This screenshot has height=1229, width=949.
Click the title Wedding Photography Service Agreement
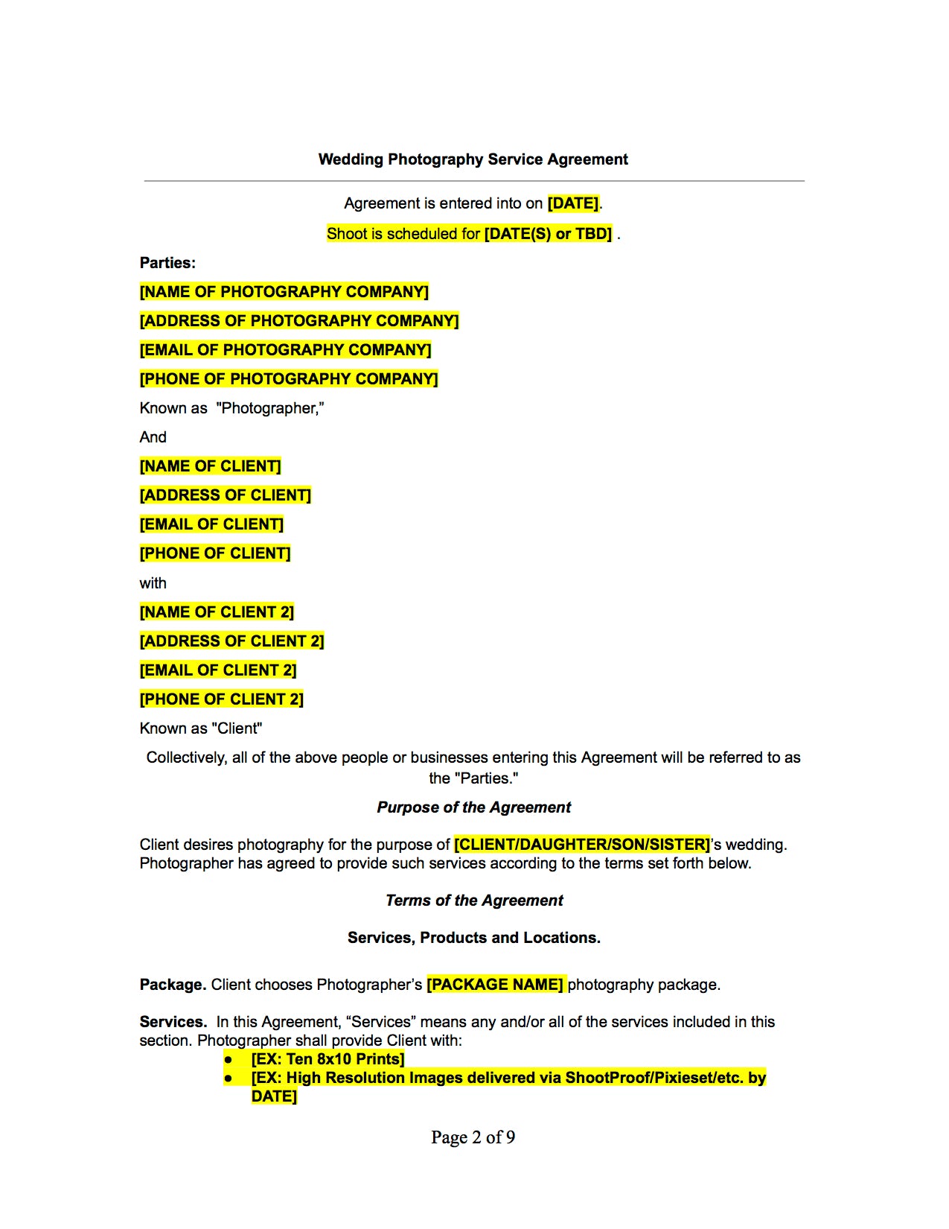pyautogui.click(x=473, y=159)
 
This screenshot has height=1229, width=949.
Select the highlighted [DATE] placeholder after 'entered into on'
pyautogui.click(x=573, y=203)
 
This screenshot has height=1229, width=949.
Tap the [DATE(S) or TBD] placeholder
pyautogui.click(x=548, y=234)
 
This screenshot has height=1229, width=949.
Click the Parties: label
pyautogui.click(x=167, y=263)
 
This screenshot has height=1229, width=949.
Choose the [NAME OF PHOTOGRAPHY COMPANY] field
pyautogui.click(x=284, y=292)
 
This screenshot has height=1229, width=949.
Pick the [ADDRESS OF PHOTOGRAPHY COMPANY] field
pyautogui.click(x=299, y=321)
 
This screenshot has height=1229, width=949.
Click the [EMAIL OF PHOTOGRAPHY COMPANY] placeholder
pyautogui.click(x=285, y=350)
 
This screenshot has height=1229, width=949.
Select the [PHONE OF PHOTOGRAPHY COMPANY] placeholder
pyautogui.click(x=289, y=379)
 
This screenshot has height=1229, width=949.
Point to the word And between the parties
pyautogui.click(x=153, y=437)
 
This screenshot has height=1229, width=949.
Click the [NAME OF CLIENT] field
pyautogui.click(x=210, y=466)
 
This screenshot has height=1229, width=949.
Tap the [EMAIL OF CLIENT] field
pyautogui.click(x=211, y=524)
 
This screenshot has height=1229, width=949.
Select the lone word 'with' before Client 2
pyautogui.click(x=153, y=583)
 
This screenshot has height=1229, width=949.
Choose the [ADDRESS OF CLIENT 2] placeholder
pyautogui.click(x=231, y=641)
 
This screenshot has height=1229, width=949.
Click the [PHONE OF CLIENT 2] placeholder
pyautogui.click(x=222, y=699)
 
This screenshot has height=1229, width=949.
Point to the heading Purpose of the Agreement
pyautogui.click(x=473, y=807)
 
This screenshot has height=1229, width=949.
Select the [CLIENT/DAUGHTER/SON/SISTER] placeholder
pyautogui.click(x=582, y=845)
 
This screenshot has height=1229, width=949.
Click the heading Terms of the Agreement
pyautogui.click(x=474, y=901)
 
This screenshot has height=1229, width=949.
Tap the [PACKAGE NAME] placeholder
pyautogui.click(x=495, y=985)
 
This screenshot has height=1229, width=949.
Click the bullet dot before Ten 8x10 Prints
pyautogui.click(x=229, y=1060)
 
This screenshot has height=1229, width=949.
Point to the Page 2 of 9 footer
pyautogui.click(x=473, y=1137)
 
